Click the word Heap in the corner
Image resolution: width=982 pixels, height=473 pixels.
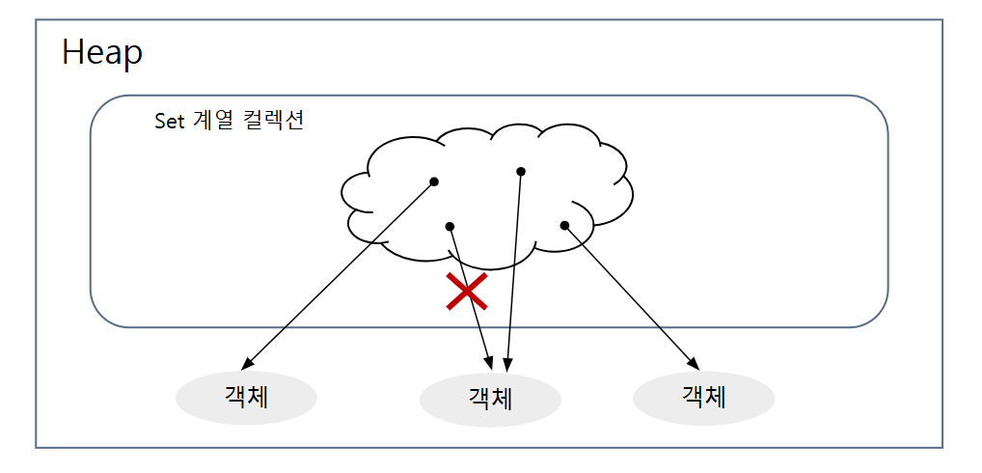(102, 53)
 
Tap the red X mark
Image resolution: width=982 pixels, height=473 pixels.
(467, 292)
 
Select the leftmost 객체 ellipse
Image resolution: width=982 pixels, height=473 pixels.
(246, 398)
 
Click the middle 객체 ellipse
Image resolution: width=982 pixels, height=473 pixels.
(490, 400)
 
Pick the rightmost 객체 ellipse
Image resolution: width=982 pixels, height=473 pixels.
(704, 398)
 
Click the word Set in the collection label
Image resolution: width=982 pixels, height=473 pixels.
(169, 121)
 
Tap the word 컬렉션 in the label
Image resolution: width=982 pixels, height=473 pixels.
(272, 121)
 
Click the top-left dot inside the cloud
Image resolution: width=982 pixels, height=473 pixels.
(434, 181)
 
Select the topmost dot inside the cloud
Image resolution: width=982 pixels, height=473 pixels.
(521, 171)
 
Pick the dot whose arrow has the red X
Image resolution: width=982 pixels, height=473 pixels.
(450, 226)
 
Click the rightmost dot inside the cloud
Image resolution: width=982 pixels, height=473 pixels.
(564, 225)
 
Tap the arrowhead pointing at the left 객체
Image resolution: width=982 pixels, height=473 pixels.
(247, 363)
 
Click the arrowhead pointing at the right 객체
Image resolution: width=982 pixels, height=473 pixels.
(694, 363)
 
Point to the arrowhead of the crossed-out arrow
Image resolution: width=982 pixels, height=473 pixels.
(489, 363)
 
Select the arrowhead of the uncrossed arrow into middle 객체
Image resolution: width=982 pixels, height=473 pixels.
(508, 364)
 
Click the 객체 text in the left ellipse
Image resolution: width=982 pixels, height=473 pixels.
(246, 398)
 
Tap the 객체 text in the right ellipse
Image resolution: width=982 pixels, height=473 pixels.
(704, 397)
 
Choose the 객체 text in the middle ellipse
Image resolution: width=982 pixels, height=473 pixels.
(490, 399)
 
